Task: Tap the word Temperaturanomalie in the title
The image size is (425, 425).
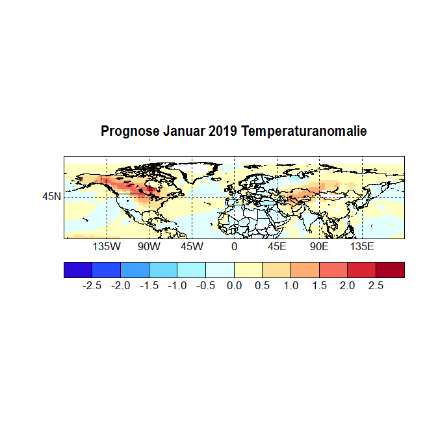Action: (304, 131)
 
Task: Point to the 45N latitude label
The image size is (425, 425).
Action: (52, 196)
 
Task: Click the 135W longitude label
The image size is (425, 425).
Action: (107, 248)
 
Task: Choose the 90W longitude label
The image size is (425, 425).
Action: (149, 248)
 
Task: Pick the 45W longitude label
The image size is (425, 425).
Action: (192, 248)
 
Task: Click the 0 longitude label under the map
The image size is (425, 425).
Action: (234, 248)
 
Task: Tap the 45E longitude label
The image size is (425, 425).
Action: (277, 248)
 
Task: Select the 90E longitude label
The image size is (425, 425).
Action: (319, 248)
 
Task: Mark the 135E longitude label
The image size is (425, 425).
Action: (362, 248)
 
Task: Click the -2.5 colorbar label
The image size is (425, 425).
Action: (92, 286)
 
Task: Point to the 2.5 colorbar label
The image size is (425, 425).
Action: (376, 286)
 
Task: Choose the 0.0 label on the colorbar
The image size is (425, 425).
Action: (234, 286)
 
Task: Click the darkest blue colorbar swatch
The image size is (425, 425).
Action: (78, 270)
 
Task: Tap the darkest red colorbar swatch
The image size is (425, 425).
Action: (390, 270)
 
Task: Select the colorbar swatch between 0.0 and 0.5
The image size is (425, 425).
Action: (248, 270)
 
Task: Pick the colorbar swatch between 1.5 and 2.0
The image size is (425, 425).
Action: (333, 270)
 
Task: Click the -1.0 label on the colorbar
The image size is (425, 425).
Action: (177, 286)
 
